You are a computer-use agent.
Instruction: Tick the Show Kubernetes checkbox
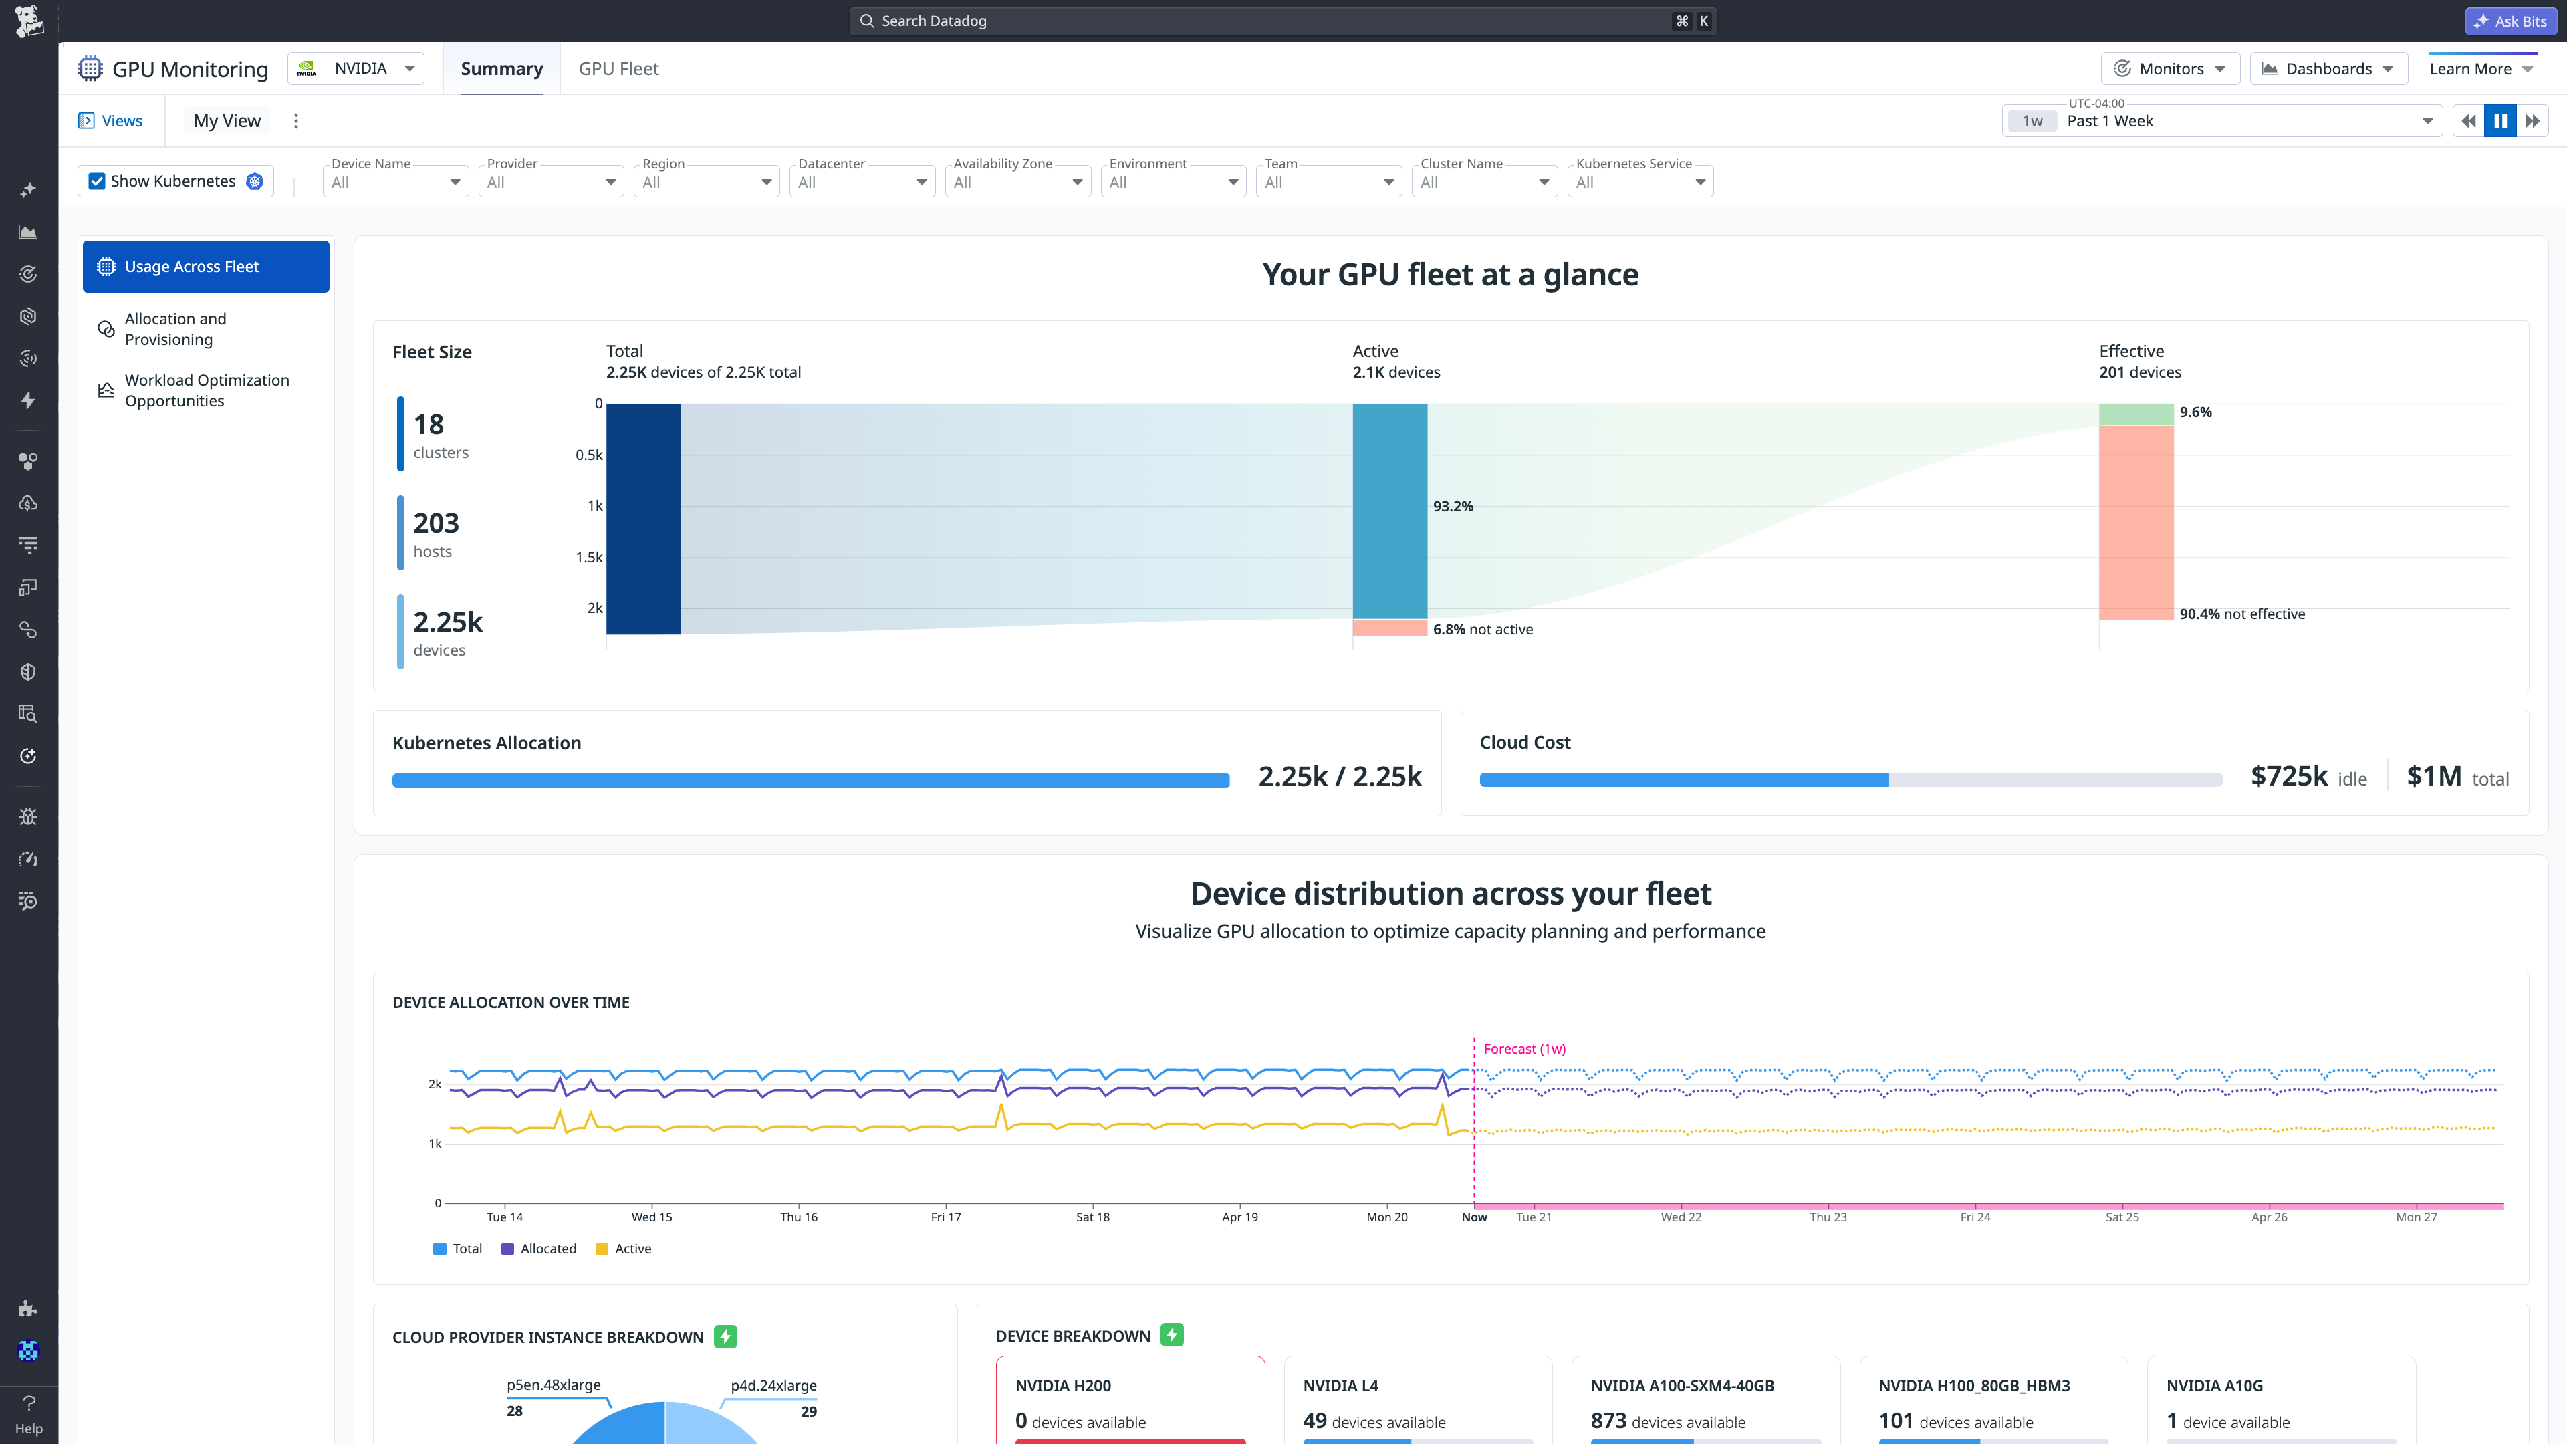[x=97, y=181]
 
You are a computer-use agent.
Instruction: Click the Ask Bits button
[x=2510, y=21]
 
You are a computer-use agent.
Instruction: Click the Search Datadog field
[x=1265, y=21]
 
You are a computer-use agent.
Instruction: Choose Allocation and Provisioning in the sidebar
[x=175, y=329]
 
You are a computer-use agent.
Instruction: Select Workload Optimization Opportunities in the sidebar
[x=207, y=390]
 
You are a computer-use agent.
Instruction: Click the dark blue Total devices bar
[x=642, y=518]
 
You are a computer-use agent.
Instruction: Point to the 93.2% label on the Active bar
[x=1452, y=506]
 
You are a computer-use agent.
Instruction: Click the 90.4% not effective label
[x=2241, y=614]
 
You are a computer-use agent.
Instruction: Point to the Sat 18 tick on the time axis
[x=1092, y=1217]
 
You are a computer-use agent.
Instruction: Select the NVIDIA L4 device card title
[x=1340, y=1385]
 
